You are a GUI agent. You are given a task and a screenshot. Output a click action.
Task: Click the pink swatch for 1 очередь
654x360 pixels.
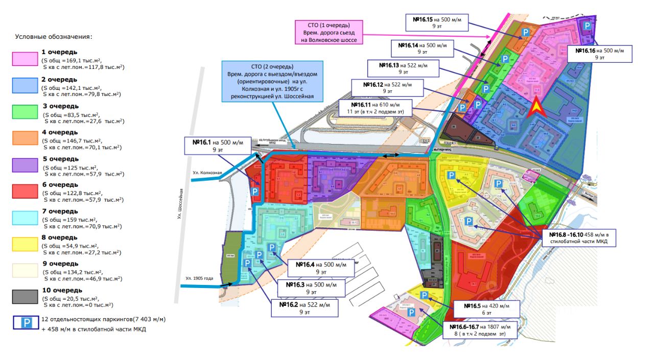26,59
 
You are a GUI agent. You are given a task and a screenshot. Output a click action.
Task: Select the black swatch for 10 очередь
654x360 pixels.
26,297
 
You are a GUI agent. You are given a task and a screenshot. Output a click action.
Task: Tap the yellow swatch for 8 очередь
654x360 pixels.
26,244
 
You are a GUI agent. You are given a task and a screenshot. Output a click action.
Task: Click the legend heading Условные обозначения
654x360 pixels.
53,37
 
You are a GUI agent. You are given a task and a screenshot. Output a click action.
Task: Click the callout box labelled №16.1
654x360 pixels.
218,146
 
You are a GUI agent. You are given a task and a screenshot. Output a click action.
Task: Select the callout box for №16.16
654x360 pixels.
599,54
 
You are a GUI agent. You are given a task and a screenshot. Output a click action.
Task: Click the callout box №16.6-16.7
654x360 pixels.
480,330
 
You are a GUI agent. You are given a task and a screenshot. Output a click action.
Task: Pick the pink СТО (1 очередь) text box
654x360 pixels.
329,32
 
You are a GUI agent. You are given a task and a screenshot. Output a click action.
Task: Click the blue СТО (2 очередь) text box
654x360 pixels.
272,82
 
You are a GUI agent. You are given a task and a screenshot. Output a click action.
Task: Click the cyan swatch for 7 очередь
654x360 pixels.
26,218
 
